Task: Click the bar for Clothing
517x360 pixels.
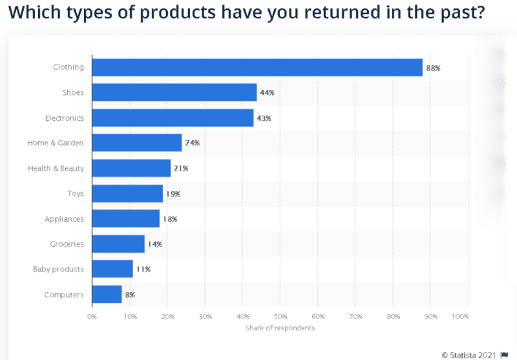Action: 257,67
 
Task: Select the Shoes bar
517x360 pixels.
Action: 174,92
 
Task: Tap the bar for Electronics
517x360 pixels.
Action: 173,118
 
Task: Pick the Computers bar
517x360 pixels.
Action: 107,295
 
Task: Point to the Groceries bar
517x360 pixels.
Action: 118,244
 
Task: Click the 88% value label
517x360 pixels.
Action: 432,67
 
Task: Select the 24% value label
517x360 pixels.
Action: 192,143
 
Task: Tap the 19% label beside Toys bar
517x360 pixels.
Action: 173,193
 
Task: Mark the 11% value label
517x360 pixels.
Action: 143,269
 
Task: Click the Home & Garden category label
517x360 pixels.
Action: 56,143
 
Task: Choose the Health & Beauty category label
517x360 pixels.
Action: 56,168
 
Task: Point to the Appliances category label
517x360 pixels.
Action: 64,219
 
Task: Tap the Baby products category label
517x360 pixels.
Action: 59,269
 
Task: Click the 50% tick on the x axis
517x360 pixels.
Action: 280,317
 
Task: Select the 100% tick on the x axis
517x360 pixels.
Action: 460,317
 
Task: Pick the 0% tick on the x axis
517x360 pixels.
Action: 92,317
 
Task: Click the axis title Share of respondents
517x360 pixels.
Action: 280,328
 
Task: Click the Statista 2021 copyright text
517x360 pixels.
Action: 470,354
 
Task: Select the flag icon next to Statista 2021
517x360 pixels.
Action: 505,354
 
